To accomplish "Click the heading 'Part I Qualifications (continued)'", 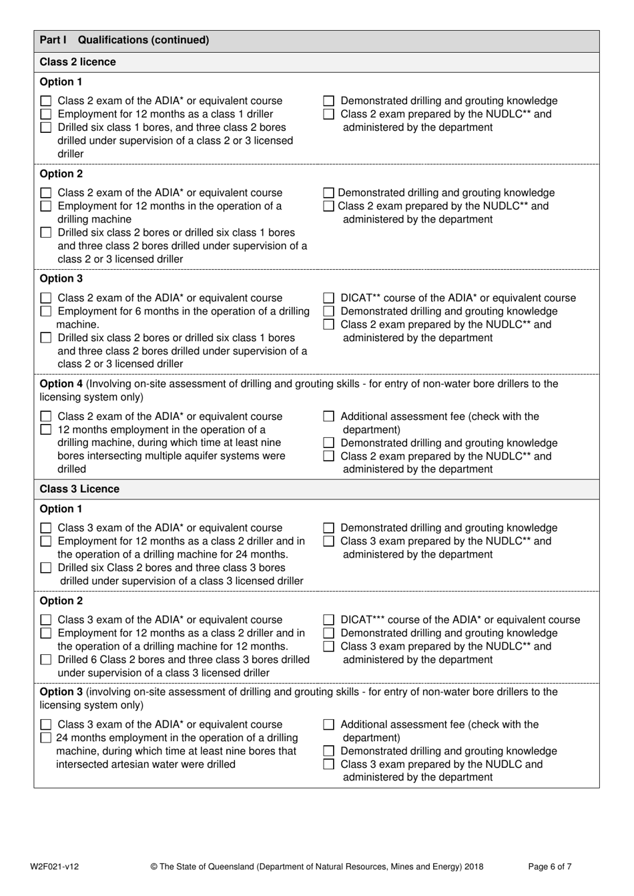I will [x=124, y=40].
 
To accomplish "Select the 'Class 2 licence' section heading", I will [x=77, y=62].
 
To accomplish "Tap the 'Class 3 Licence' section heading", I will [x=79, y=489].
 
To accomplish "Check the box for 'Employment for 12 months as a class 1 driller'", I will [x=46, y=115].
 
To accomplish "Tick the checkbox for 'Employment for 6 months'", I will [x=46, y=312].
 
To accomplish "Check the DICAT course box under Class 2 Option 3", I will [x=328, y=298].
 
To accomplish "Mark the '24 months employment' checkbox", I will [x=46, y=738].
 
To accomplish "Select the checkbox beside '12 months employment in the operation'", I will [x=46, y=430].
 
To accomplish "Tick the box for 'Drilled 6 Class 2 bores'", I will [x=46, y=660].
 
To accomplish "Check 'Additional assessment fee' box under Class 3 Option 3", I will [x=328, y=725].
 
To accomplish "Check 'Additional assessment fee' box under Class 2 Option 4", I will [x=328, y=417].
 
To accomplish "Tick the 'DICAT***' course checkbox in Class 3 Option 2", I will [x=328, y=620].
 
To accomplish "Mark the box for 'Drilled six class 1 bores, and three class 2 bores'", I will [x=46, y=128].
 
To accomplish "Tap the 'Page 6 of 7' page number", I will [x=549, y=867].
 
